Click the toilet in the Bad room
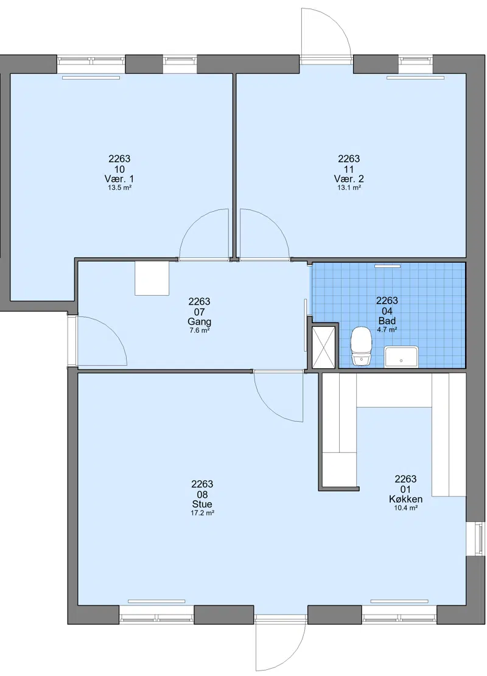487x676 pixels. click(361, 346)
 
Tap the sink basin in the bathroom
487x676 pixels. click(401, 357)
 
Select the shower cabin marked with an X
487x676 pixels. click(323, 347)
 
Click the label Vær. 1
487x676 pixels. click(119, 178)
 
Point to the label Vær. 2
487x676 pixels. click(349, 178)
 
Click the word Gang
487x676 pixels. click(199, 322)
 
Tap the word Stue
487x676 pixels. click(202, 504)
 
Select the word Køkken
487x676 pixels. click(405, 499)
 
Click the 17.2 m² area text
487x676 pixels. click(202, 513)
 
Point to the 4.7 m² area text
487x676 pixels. click(387, 329)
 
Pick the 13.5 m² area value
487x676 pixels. click(119, 187)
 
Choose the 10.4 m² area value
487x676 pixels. click(405, 508)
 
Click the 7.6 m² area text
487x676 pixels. click(199, 330)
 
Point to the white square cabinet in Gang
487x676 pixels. click(152, 278)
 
